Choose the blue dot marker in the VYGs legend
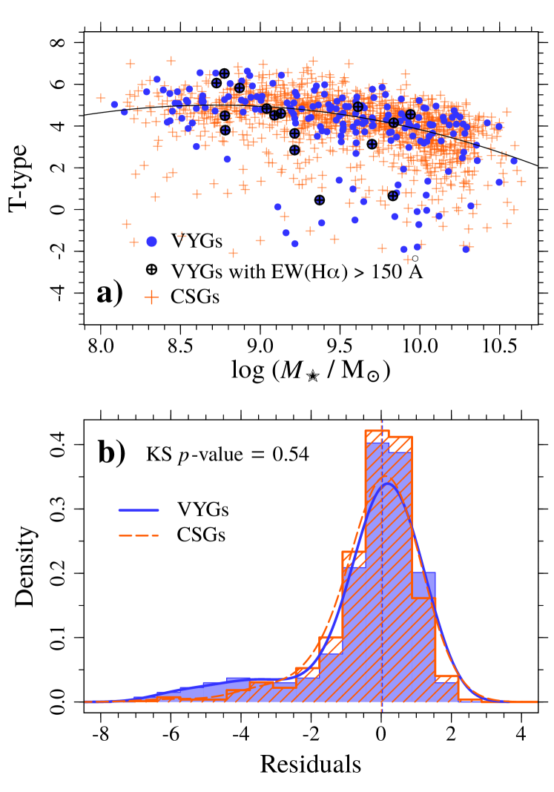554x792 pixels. point(152,241)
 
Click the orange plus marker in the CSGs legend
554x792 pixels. point(152,297)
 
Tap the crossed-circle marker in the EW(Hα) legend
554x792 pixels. point(152,269)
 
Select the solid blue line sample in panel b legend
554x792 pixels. point(139,510)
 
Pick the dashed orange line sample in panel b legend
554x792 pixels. point(139,533)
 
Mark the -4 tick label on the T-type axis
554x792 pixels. point(59,292)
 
